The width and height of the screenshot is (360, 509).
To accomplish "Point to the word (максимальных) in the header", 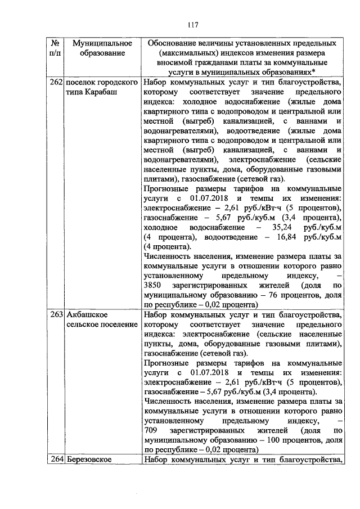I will pyautogui.click(x=183, y=53).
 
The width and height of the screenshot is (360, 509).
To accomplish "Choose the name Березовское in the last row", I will pyautogui.click(x=89, y=460).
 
